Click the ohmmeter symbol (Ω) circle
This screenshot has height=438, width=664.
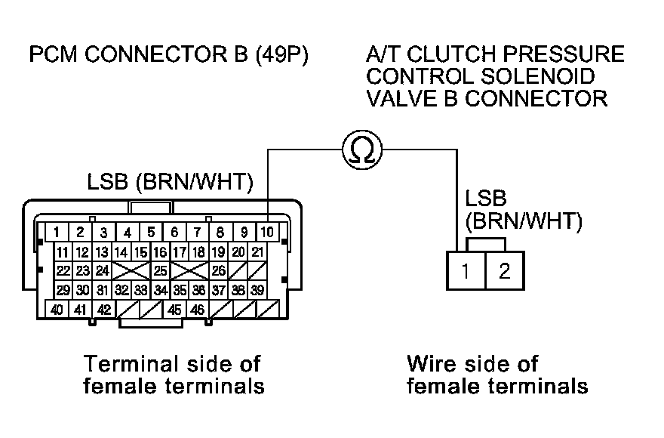362,150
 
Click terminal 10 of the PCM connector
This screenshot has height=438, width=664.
267,232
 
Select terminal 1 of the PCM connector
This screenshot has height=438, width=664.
57,232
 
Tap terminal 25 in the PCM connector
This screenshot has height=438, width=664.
160,270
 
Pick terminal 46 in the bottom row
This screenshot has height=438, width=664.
198,309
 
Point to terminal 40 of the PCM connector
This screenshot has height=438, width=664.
57,309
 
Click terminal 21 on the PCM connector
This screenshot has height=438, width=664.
257,251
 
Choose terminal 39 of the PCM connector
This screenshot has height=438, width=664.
257,290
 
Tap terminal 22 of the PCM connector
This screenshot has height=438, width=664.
63,270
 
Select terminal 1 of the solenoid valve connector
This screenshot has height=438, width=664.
466,270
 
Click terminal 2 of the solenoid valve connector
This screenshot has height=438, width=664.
504,270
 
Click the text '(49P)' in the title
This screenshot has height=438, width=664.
271,56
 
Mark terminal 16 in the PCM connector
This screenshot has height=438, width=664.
160,251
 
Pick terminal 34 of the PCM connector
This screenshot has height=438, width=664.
160,290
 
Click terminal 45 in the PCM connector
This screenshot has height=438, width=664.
174,309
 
